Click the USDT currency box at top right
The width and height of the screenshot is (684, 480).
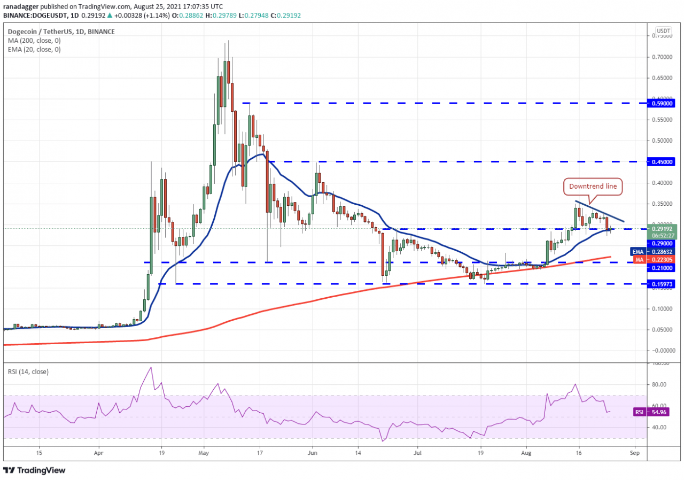663,30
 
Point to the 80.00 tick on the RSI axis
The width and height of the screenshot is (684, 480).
660,384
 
